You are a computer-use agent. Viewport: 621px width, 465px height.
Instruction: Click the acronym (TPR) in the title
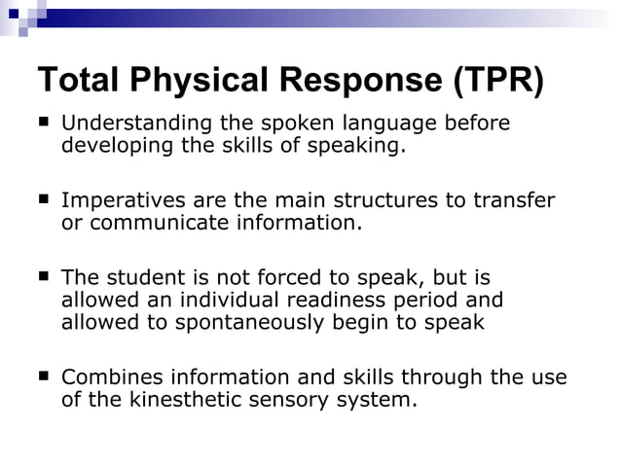pyautogui.click(x=497, y=80)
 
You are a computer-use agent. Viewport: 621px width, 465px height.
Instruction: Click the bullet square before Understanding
pyautogui.click(x=44, y=123)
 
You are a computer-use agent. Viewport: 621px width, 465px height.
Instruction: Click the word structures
pyautogui.click(x=389, y=200)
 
